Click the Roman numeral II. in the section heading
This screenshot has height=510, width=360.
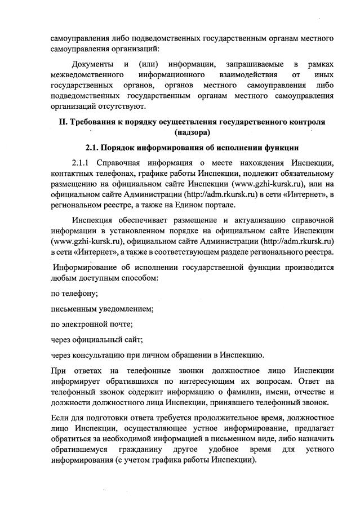coord(63,122)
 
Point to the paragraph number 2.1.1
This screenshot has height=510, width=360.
coord(82,163)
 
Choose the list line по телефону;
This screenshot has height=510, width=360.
coord(75,293)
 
